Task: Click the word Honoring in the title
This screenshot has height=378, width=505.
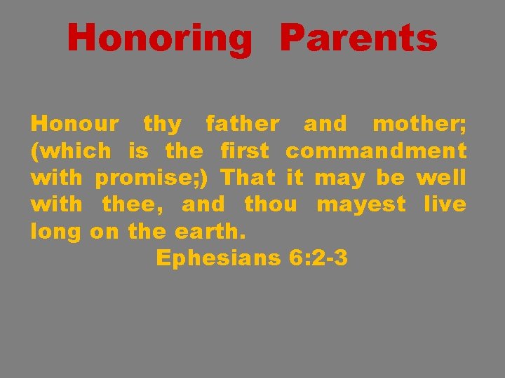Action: coord(159,38)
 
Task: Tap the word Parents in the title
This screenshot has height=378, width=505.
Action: coord(358,38)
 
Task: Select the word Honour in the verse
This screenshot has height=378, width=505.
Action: coord(75,125)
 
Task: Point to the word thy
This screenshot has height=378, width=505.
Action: coord(162,125)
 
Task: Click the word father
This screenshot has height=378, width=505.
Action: coord(242,125)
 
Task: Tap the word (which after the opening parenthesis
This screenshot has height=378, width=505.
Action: coord(71,151)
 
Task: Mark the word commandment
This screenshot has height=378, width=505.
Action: coord(376,151)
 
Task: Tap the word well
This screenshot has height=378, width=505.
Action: coord(441,178)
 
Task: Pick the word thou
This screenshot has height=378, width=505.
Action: coord(269,204)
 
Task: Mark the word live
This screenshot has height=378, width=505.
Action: coord(445,204)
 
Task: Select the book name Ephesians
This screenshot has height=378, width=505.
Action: coord(218,258)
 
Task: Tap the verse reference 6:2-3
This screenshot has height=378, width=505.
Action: coord(318,258)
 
